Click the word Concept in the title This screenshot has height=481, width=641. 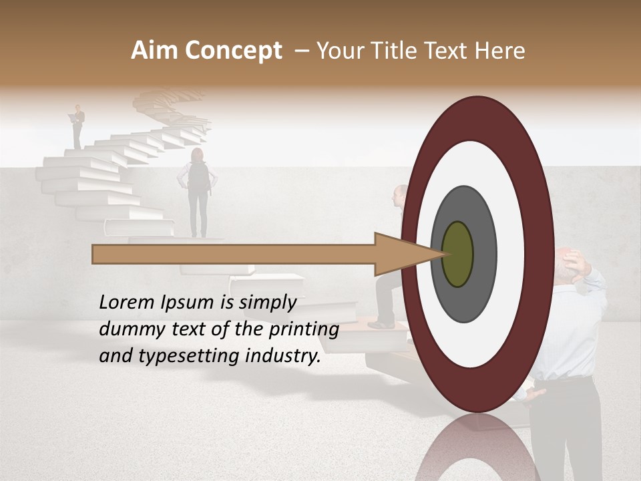coord(234,51)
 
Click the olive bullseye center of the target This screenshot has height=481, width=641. coord(457,254)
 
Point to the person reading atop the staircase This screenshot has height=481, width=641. coord(79,126)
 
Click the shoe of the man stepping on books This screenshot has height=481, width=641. coord(383,325)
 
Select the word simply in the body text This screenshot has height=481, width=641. coord(267,303)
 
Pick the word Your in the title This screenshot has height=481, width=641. coord(338,51)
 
